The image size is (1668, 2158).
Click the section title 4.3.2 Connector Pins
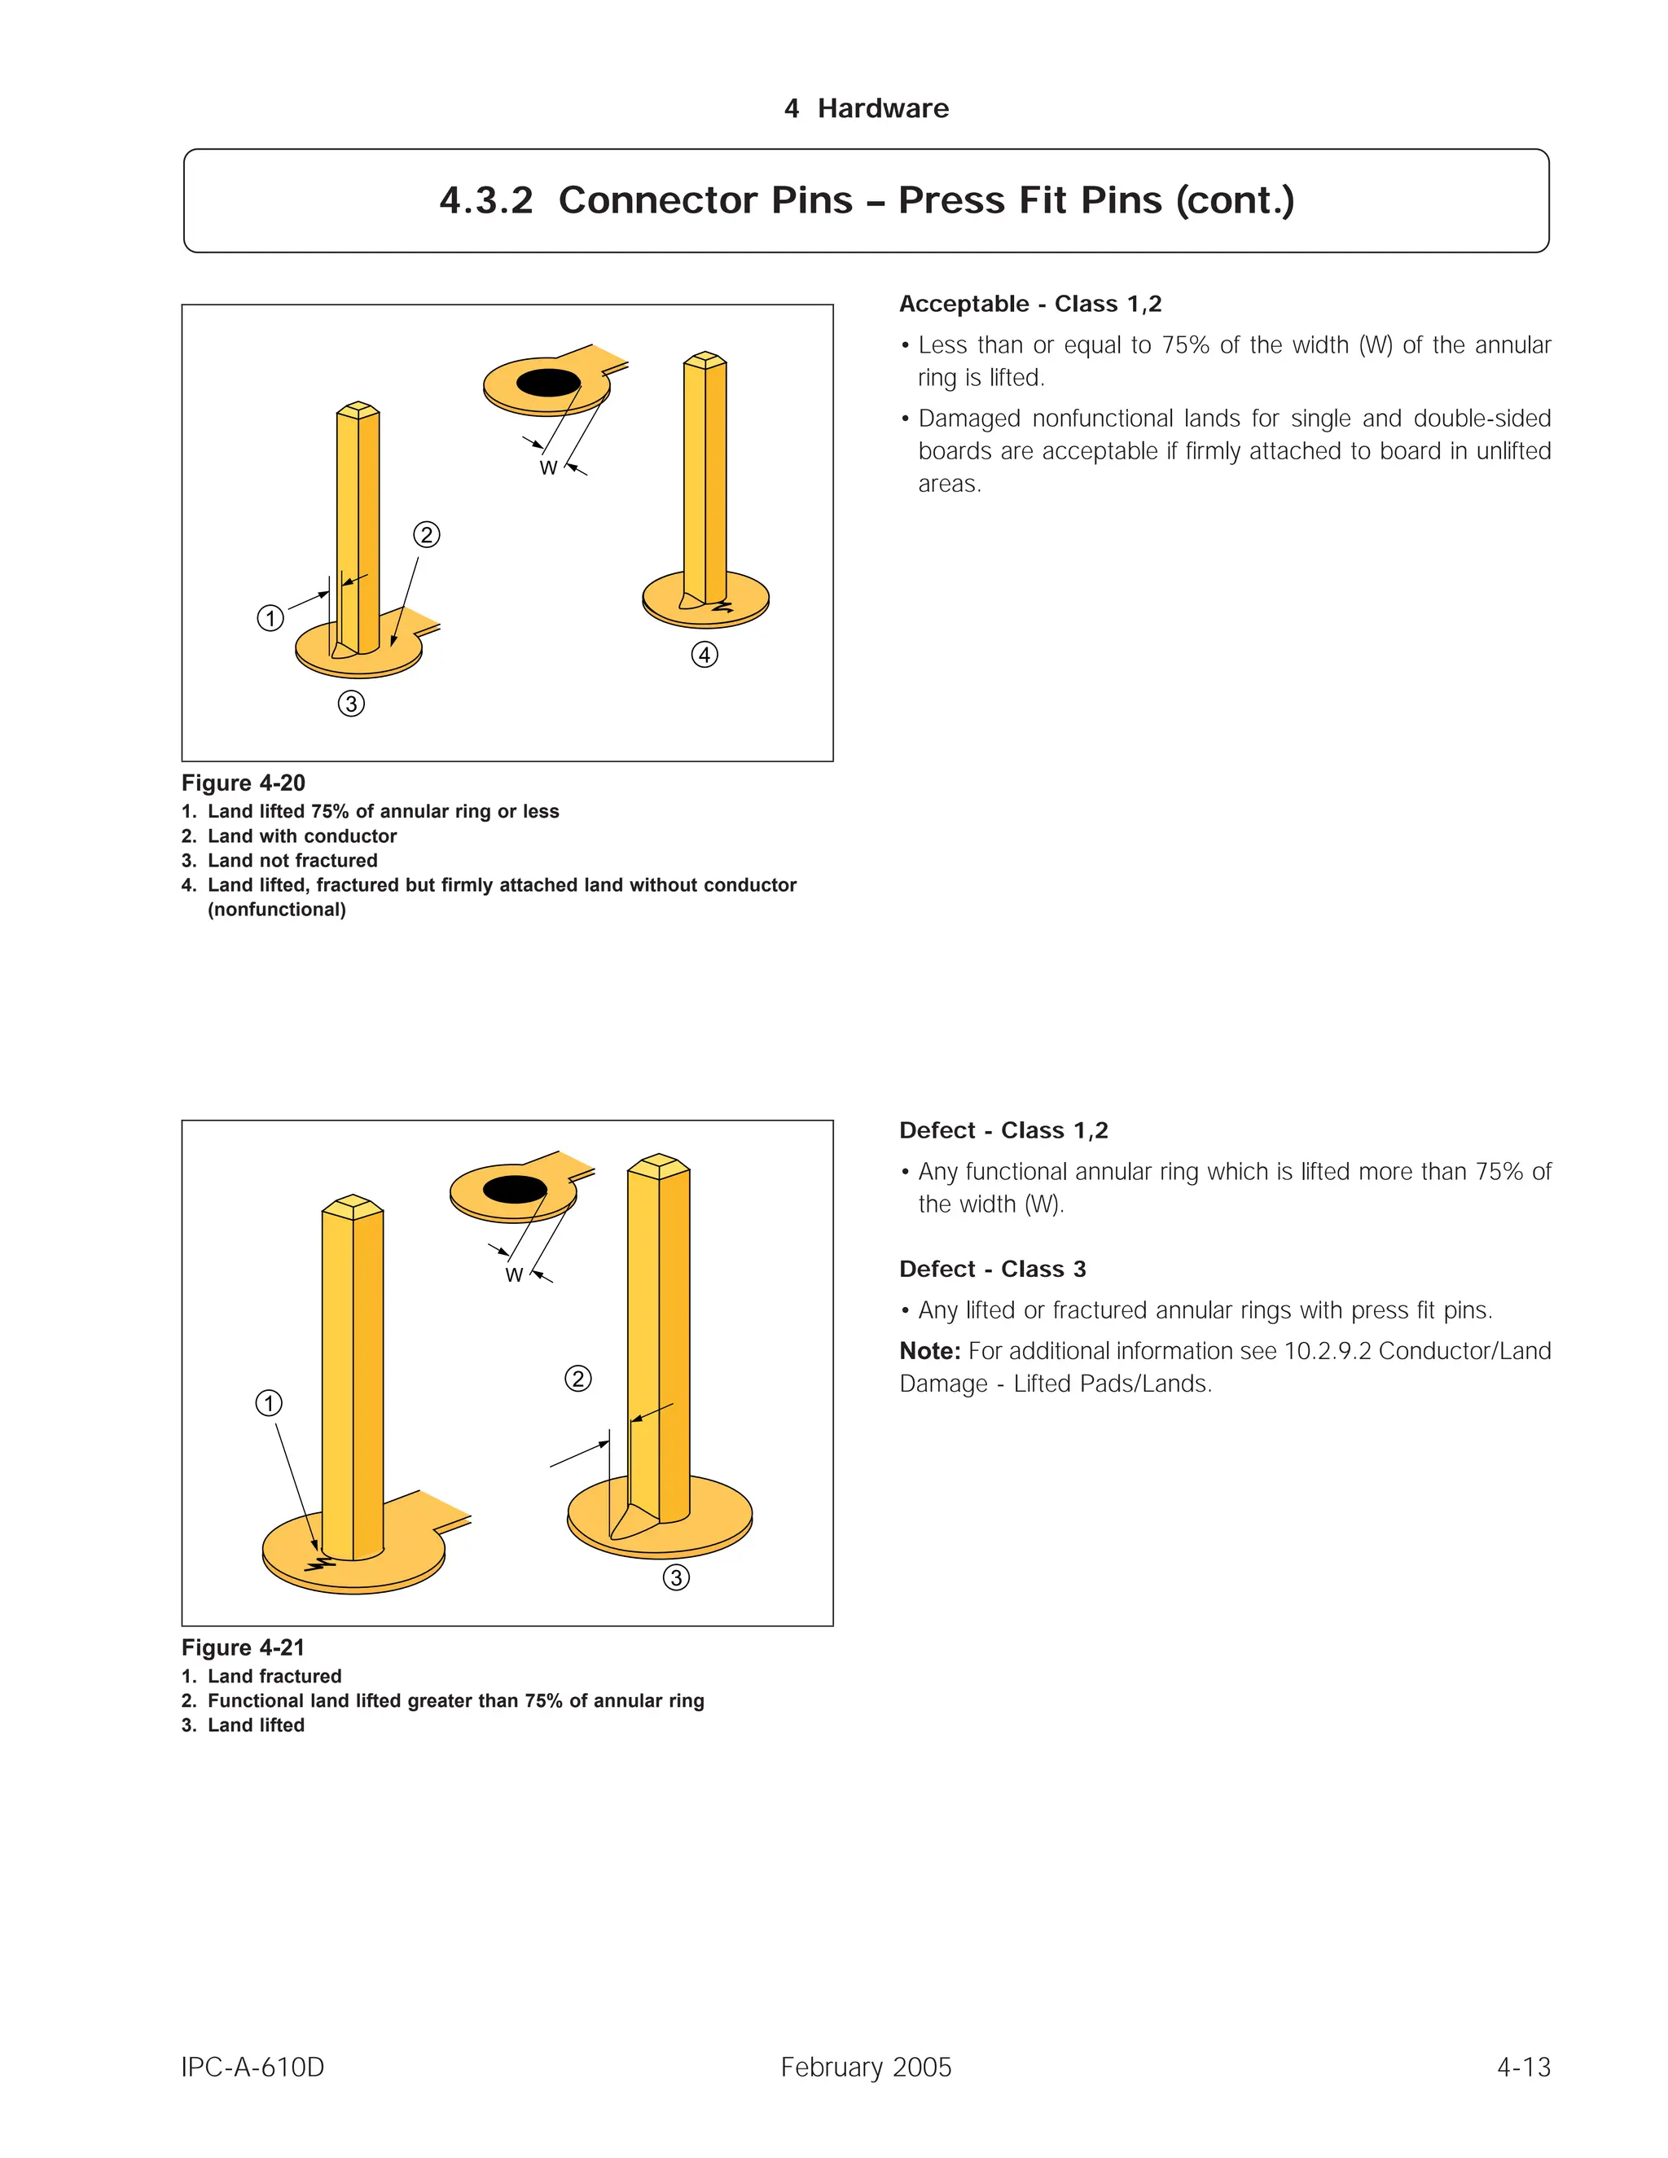(x=866, y=200)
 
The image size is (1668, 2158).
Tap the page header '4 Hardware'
(x=866, y=108)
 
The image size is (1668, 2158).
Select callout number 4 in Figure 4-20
(x=705, y=655)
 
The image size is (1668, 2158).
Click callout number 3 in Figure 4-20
(x=351, y=704)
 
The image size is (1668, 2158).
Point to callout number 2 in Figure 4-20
(x=426, y=534)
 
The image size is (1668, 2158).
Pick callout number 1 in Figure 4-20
(x=270, y=619)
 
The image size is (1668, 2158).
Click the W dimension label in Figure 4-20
(x=548, y=468)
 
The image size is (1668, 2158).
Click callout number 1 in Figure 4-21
(x=269, y=1403)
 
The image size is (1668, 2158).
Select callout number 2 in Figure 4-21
(x=578, y=1379)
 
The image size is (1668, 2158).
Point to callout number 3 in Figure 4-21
(x=676, y=1578)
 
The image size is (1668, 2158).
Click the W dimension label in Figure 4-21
(x=514, y=1275)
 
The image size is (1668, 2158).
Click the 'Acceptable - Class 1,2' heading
(x=1029, y=305)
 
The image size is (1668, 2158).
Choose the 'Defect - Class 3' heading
(x=992, y=1269)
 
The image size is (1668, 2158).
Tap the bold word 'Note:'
(x=930, y=1351)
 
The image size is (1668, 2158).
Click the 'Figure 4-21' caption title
(x=243, y=1647)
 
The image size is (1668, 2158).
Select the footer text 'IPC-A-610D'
(x=253, y=2067)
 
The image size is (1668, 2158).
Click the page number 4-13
(x=1523, y=2067)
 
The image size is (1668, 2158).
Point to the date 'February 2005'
(x=866, y=2067)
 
